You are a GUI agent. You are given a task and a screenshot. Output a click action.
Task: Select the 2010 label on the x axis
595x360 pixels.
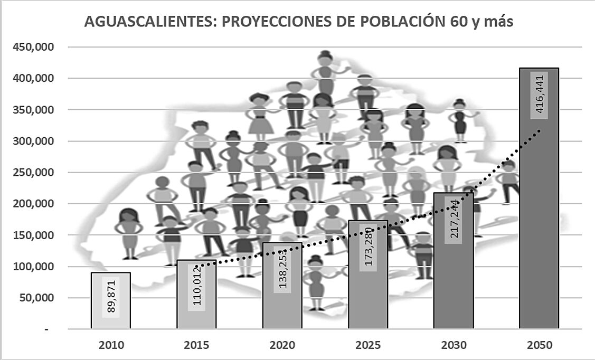pos(111,346)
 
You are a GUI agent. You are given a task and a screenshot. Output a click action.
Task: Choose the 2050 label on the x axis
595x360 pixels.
pos(539,346)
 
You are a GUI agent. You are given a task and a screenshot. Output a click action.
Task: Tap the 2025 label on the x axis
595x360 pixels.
pos(368,346)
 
